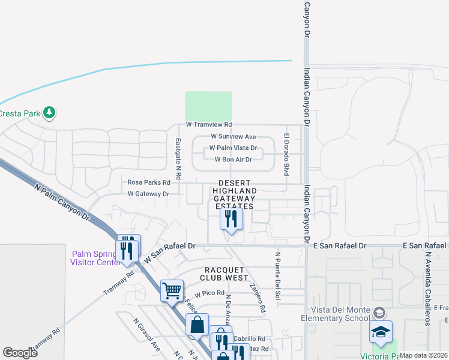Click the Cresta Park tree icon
pos(49,112)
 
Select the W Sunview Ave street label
pos(233,137)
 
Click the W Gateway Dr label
pos(148,194)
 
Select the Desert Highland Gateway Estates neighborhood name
pos(234,194)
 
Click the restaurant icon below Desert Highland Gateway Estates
pos(231,219)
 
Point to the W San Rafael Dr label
pos(170,252)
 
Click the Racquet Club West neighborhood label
pos(226,274)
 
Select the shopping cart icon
pos(172,290)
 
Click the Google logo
pos(20,353)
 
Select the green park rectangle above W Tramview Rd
pos(208,106)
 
